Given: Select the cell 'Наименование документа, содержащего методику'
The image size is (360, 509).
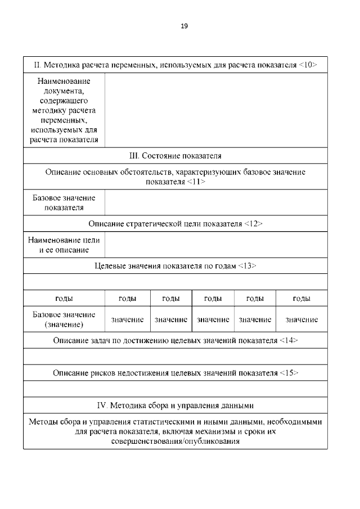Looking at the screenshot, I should [x=64, y=110].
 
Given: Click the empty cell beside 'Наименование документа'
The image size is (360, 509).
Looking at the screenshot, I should [x=215, y=110].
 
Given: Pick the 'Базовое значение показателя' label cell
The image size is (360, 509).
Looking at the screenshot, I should [x=64, y=202].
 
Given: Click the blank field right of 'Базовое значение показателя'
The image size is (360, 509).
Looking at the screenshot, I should [x=215, y=202].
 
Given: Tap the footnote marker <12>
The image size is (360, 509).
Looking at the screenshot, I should [x=254, y=223].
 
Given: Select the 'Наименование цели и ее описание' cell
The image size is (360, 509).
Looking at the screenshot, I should [x=64, y=245].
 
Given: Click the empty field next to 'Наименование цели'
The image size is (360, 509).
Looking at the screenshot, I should [x=215, y=245].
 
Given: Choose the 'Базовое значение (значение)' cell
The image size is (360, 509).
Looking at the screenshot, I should [x=64, y=319].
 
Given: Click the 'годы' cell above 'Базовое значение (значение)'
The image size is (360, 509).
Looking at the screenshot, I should [x=64, y=299].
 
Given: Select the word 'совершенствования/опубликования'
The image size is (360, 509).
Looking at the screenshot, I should [x=176, y=442].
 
